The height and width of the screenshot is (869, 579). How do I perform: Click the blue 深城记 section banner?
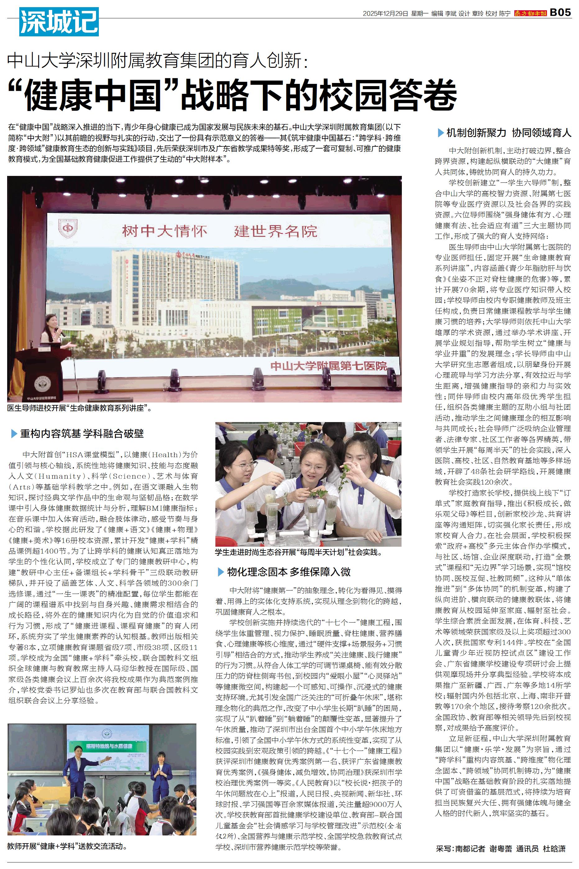[x=59, y=22]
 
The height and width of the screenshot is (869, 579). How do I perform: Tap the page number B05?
[x=560, y=13]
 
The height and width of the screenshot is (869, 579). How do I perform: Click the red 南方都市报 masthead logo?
[x=531, y=13]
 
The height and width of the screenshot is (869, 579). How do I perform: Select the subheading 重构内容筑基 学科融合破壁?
[x=82, y=433]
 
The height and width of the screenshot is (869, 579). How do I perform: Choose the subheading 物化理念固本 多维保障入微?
[x=289, y=572]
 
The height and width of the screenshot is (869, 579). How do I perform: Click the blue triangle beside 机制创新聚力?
[x=440, y=133]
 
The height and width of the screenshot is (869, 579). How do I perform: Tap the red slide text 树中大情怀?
[x=164, y=232]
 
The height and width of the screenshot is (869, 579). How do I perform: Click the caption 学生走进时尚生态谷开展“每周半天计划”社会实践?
[x=298, y=553]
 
